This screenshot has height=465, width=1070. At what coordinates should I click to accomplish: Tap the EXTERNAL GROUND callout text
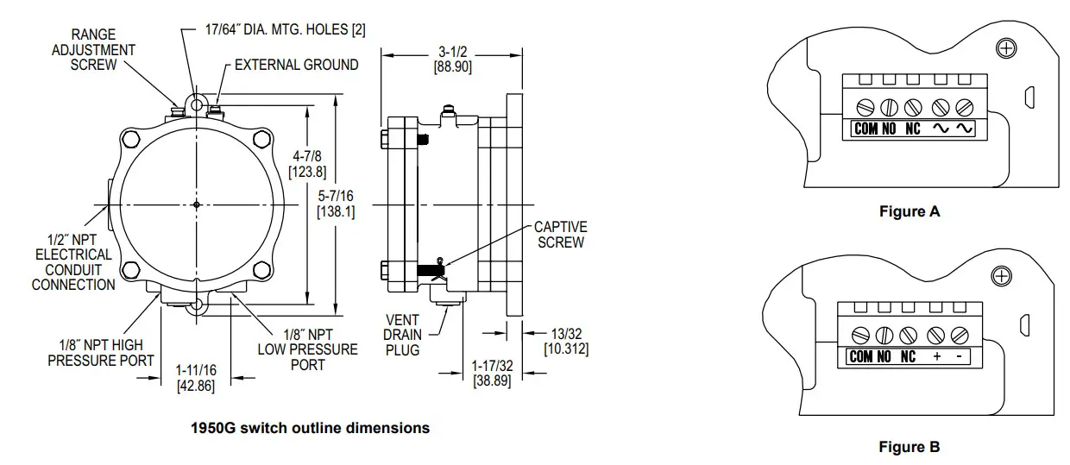point(296,65)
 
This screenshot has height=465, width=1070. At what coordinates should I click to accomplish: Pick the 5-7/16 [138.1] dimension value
point(337,203)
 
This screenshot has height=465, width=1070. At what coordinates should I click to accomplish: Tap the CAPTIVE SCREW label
point(561,235)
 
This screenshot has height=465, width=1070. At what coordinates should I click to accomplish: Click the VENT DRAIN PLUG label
point(403,335)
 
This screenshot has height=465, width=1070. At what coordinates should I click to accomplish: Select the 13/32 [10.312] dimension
point(566,341)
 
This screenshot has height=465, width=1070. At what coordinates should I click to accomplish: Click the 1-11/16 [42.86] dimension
point(195,378)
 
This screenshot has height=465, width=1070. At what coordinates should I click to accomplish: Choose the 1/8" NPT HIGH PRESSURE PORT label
point(101,352)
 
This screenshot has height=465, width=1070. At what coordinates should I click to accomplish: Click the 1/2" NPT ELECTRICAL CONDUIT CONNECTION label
point(73,262)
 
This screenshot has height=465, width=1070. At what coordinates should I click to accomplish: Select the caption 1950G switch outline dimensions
point(310,428)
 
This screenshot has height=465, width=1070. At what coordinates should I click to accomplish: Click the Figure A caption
point(909,211)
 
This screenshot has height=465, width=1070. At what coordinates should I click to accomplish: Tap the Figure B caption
point(909,447)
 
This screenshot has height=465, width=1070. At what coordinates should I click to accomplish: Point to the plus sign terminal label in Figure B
point(936,357)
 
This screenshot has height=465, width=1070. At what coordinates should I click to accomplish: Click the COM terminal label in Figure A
point(865,129)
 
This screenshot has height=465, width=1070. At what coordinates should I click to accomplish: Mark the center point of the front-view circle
point(198,204)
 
